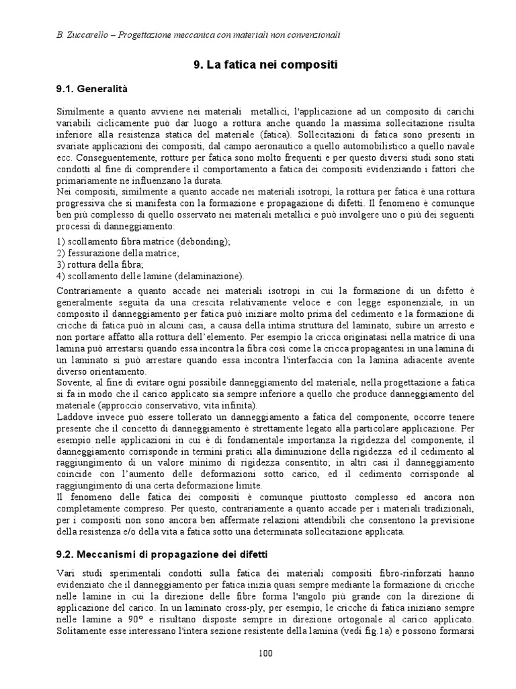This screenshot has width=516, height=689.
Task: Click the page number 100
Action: tap(265, 653)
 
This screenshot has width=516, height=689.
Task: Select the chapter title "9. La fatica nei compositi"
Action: tap(265, 65)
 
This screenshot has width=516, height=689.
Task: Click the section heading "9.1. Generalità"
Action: tap(91, 88)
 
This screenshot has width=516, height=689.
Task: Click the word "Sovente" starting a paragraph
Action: tap(73, 382)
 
